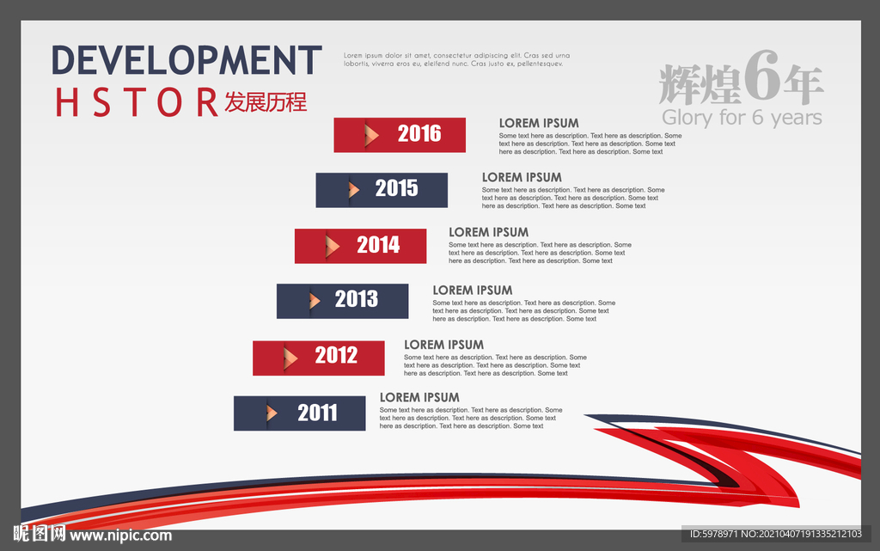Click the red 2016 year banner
point(400,135)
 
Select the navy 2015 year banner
point(382,190)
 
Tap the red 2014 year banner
point(360,246)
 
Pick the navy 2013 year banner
point(342,302)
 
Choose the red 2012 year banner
point(319,358)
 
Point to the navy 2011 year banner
point(300,413)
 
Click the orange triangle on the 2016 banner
point(371,135)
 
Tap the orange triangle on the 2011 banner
point(272,413)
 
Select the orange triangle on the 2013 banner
point(315,302)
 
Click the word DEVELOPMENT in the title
point(186,60)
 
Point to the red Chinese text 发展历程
point(266,102)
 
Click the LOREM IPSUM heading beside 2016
point(539,124)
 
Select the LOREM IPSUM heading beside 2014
point(488,232)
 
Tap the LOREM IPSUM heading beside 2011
point(419,398)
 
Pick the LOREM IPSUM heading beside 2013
point(472,290)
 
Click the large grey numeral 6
point(763,76)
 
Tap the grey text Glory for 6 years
point(742,118)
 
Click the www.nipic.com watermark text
point(120,536)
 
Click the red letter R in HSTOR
point(208,102)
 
